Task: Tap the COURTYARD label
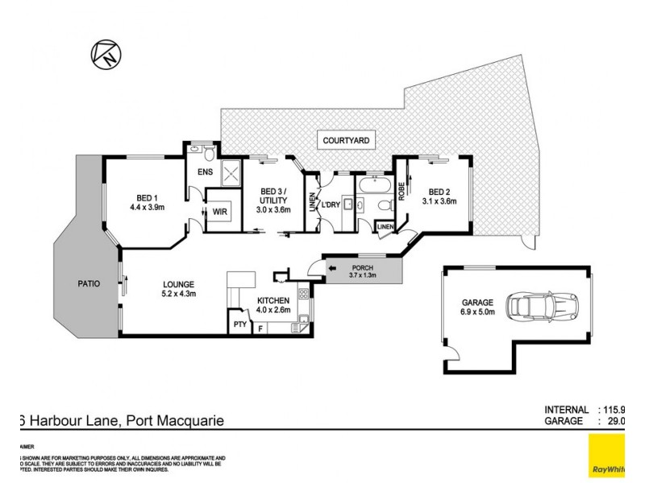(347, 140)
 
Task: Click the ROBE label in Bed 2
(401, 191)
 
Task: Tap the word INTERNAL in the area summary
(569, 409)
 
